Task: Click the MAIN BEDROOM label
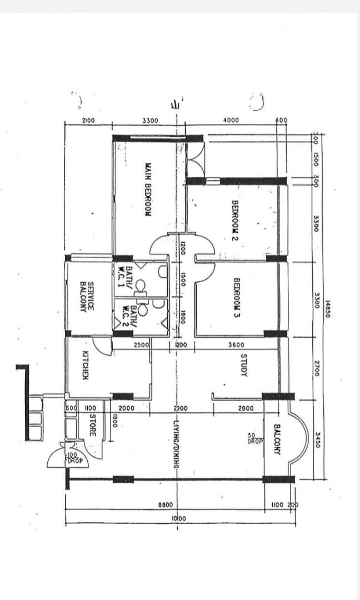[149, 189]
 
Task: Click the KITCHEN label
[86, 365]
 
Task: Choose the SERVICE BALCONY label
[87, 296]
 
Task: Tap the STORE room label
[93, 425]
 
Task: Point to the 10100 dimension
[179, 518]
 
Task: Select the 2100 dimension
[88, 120]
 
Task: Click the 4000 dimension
[231, 120]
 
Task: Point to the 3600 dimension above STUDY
[236, 346]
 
